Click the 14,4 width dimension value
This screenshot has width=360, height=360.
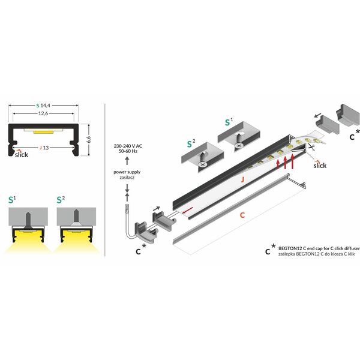(45, 106)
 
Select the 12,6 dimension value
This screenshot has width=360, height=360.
(43, 113)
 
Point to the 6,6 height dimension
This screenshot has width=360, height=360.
(89, 139)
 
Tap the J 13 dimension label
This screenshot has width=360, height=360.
(44, 148)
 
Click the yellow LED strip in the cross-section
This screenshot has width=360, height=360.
(43, 132)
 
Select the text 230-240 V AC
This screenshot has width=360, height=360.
(128, 146)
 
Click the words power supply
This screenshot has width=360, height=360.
(127, 172)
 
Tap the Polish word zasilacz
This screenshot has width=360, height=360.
(127, 178)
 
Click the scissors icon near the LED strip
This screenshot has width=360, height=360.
(311, 147)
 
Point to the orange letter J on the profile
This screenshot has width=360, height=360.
(242, 179)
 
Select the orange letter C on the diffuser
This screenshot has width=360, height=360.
(242, 215)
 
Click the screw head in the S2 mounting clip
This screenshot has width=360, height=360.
(202, 164)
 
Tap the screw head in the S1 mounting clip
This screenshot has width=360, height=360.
(239, 145)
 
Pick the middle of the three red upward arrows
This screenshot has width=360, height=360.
(285, 163)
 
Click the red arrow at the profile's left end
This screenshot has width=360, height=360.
(187, 210)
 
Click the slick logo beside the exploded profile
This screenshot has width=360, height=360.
(320, 164)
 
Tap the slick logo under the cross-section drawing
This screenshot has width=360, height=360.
(22, 154)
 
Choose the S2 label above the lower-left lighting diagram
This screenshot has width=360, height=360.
(61, 200)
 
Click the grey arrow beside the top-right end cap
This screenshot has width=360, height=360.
(318, 115)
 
